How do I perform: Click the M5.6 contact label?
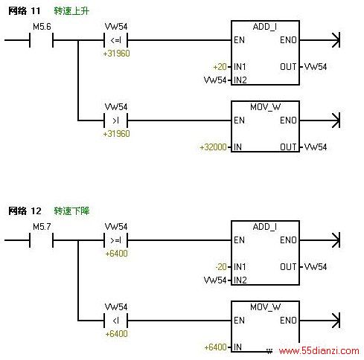[42, 26]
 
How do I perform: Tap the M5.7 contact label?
[42, 226]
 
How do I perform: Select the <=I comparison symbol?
[115, 40]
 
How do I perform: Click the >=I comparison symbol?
[115, 240]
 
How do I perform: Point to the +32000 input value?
[213, 147]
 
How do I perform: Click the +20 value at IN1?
[220, 67]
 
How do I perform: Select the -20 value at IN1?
[221, 267]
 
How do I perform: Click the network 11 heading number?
[36, 11]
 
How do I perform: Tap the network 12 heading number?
[36, 211]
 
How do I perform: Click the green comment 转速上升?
[71, 11]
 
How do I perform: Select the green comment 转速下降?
[71, 211]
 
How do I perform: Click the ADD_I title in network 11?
[265, 27]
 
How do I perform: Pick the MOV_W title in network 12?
[265, 307]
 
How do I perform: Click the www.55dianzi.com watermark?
[319, 350]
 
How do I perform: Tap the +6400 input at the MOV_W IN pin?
[215, 347]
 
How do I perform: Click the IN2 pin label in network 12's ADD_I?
[240, 280]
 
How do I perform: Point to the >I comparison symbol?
[115, 120]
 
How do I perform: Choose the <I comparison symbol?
[115, 321]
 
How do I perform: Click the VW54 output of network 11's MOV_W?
[316, 147]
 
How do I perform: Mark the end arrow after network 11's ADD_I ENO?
[336, 40]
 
